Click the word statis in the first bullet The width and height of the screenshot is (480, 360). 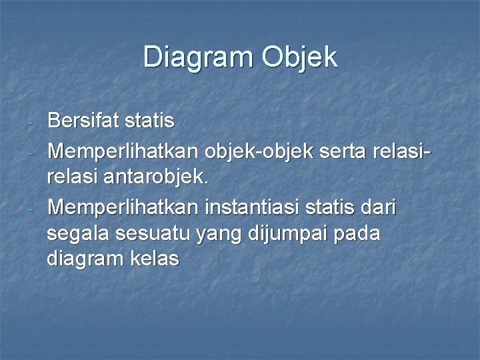[151, 121]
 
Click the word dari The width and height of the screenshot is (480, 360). [377, 208]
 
